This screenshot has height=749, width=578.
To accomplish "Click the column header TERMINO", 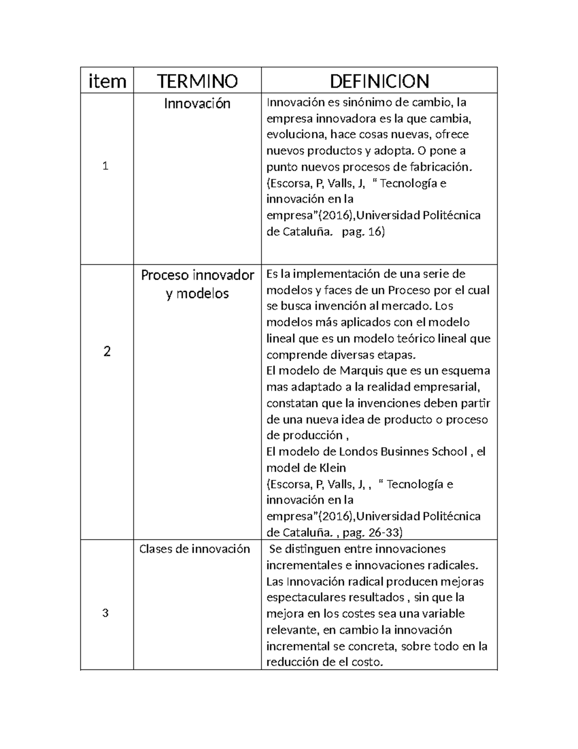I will click(197, 81).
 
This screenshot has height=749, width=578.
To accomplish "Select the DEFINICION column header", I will click(379, 81).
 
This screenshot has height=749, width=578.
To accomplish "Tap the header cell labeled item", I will click(107, 81).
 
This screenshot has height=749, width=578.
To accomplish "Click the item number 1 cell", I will click(106, 166).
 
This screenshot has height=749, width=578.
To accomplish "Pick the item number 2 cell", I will click(107, 351).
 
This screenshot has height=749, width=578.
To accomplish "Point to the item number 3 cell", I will click(106, 613).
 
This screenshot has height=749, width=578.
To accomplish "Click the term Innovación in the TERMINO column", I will click(197, 103).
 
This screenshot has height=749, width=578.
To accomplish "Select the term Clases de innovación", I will click(195, 549).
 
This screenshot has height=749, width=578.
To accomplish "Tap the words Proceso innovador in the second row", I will click(197, 275).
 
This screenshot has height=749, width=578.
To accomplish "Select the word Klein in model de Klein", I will click(332, 467).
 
